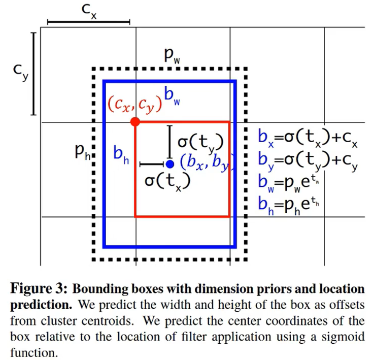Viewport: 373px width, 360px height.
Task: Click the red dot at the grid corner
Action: pyautogui.click(x=135, y=122)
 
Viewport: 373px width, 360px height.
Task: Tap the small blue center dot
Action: pyautogui.click(x=169, y=164)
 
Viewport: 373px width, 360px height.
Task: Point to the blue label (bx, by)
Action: pyautogui.click(x=205, y=163)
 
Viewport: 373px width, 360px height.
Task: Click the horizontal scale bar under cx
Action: pyautogui.click(x=88, y=22)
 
